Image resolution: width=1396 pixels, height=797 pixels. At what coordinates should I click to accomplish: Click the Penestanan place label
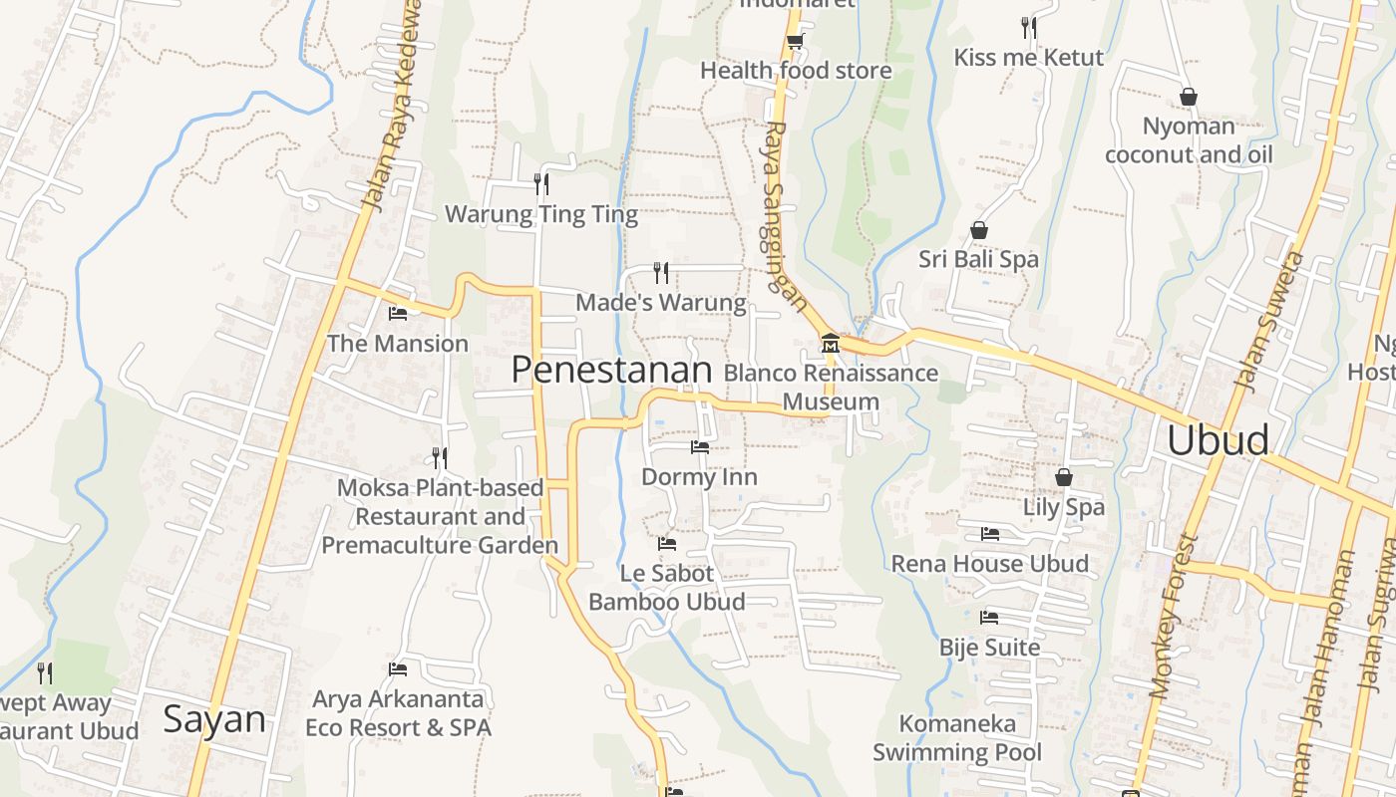[x=611, y=371]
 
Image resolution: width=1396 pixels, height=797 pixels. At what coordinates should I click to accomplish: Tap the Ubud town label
[x=1218, y=439]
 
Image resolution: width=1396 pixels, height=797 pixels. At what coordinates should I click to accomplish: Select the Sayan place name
[x=214, y=718]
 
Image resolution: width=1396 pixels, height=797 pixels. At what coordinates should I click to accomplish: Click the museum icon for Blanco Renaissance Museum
[x=830, y=345]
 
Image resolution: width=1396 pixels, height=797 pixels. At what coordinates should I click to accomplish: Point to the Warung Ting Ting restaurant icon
[x=541, y=183]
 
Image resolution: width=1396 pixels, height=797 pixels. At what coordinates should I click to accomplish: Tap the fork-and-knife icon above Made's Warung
[x=661, y=272]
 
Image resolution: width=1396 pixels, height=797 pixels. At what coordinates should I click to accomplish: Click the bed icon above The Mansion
[x=398, y=314]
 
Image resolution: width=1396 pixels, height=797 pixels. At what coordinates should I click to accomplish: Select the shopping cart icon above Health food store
[x=795, y=41]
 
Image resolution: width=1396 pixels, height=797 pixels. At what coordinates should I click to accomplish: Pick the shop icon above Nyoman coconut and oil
[x=1188, y=97]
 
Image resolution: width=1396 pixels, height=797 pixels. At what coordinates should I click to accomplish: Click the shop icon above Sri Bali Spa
[x=979, y=230]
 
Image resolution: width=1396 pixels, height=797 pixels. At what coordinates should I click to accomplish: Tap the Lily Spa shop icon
[x=1064, y=477]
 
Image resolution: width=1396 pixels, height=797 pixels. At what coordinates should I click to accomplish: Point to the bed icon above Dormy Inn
[x=700, y=447]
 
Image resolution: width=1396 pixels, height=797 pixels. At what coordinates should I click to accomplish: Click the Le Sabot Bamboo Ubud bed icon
[x=667, y=544]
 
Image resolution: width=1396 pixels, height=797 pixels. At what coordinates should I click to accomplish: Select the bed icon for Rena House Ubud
[x=989, y=534]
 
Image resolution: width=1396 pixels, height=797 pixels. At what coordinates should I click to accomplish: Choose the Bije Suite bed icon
[x=989, y=618]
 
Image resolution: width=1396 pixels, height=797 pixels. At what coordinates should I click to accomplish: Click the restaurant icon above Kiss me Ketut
[x=1029, y=27]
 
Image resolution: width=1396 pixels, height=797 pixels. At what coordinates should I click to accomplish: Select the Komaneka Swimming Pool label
[x=957, y=737]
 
